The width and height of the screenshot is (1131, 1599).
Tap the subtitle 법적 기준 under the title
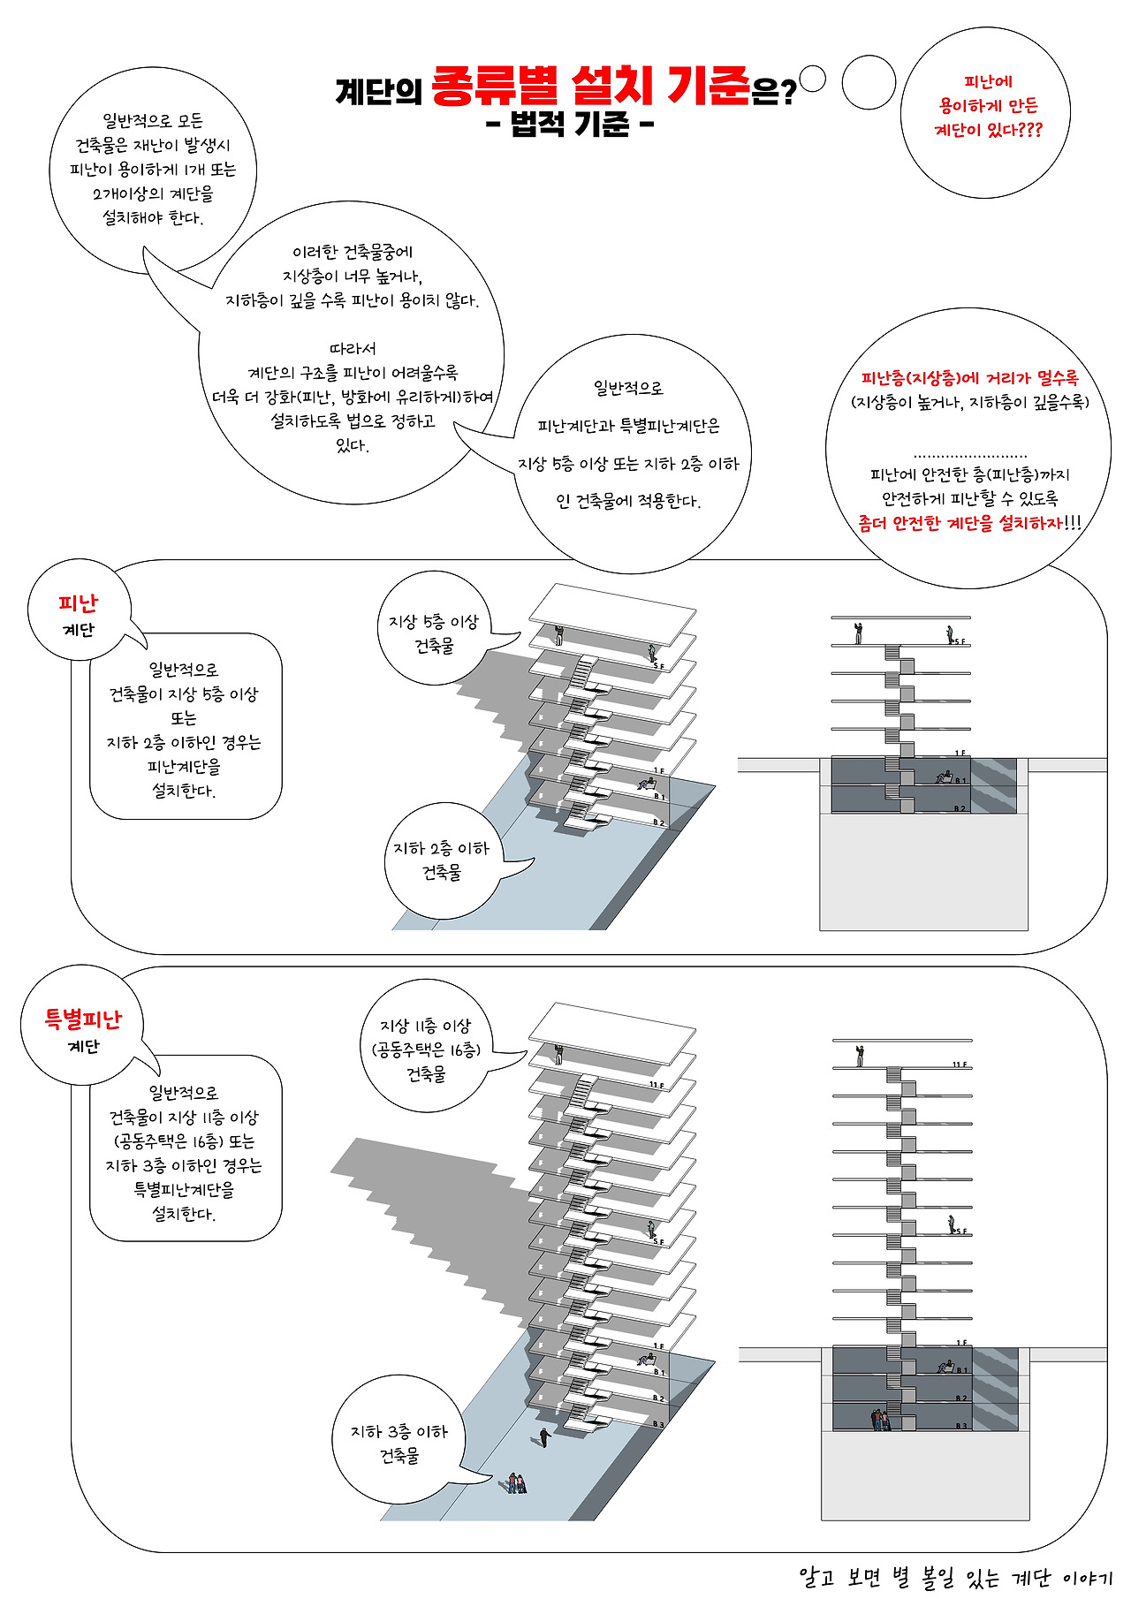click(x=570, y=125)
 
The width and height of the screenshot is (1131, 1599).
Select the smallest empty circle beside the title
click(x=812, y=80)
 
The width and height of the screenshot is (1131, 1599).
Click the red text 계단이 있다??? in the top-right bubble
click(x=988, y=130)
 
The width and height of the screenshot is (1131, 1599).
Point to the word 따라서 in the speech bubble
click(x=353, y=349)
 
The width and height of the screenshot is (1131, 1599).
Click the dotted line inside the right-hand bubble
click(x=970, y=454)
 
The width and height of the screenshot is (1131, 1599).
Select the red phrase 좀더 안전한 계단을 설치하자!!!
click(x=969, y=523)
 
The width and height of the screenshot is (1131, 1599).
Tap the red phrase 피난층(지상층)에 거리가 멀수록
click(x=969, y=378)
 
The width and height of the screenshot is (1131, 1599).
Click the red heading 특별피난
click(x=83, y=1019)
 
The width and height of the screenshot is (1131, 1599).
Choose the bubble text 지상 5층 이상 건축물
click(x=434, y=633)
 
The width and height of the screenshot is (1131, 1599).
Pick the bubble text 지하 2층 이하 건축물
click(x=441, y=860)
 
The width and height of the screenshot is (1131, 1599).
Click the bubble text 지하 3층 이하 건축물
click(x=399, y=1443)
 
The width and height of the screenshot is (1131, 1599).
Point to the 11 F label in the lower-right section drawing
click(x=959, y=1065)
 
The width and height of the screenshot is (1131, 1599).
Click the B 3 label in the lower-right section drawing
click(x=960, y=1426)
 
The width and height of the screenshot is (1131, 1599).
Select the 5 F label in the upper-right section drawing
click(x=959, y=641)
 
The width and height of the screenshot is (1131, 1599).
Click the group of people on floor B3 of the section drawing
click(x=880, y=1419)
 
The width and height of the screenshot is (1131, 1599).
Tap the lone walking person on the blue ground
click(x=544, y=1436)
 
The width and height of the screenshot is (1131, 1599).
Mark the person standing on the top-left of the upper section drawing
click(x=858, y=633)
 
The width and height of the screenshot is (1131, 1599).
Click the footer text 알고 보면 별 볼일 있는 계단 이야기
click(x=955, y=1577)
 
